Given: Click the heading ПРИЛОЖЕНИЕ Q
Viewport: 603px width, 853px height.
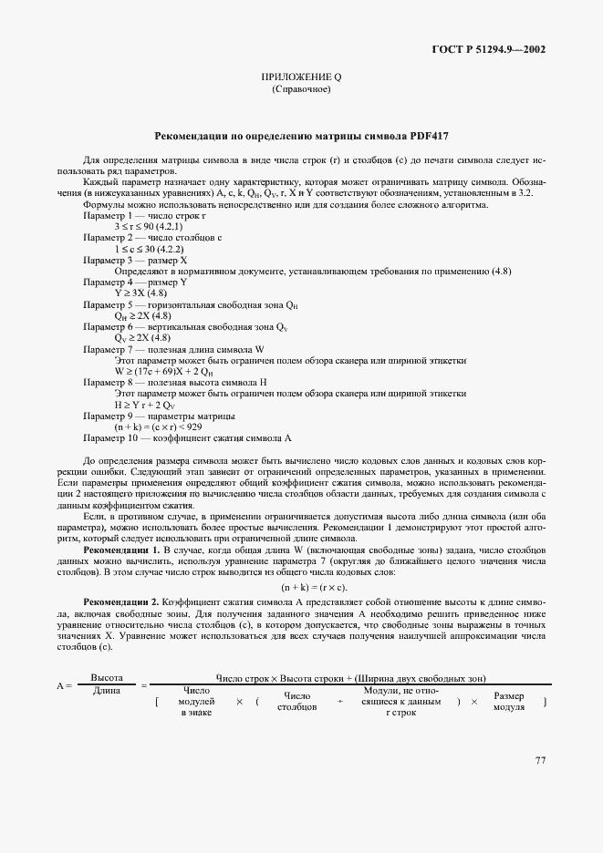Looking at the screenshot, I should click(x=300, y=78).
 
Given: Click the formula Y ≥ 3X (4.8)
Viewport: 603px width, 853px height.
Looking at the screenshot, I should click(x=140, y=293).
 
